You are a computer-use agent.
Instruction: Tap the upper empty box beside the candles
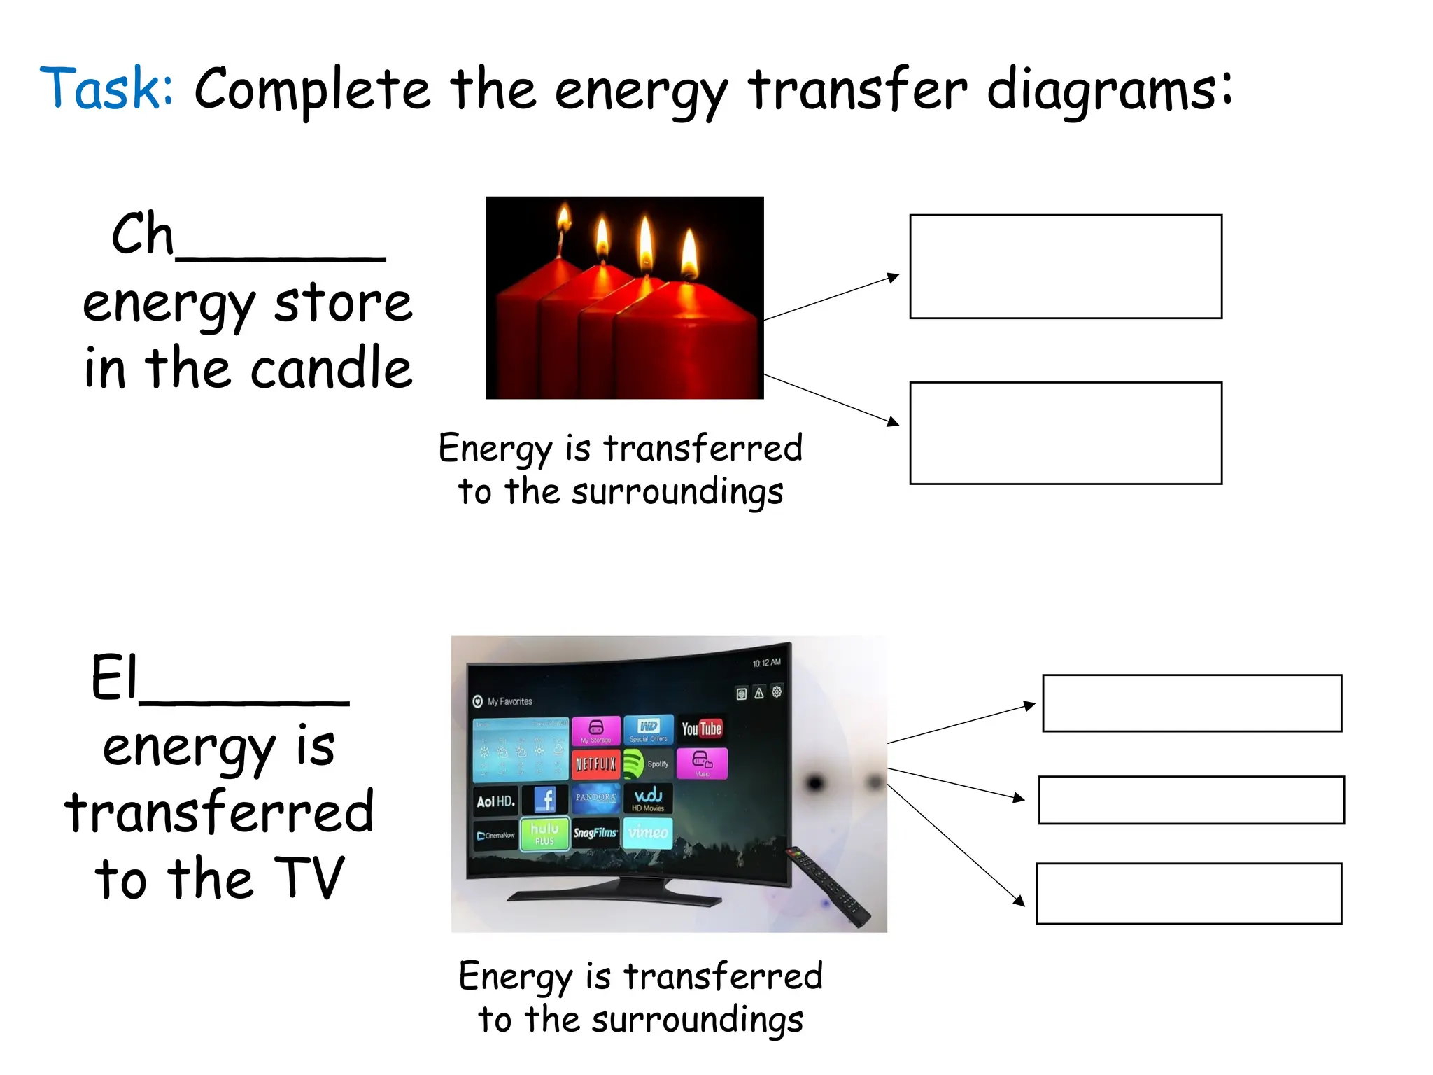click(x=1065, y=267)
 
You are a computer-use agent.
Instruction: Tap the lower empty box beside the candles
click(x=1065, y=433)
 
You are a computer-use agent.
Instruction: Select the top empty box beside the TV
click(x=1191, y=703)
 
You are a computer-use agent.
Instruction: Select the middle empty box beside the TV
click(x=1191, y=800)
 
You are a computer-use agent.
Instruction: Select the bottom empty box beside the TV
click(x=1188, y=894)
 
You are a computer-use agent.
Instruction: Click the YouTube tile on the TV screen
click(x=701, y=729)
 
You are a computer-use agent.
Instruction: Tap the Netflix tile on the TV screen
click(x=595, y=764)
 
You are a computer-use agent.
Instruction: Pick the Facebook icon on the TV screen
click(x=545, y=799)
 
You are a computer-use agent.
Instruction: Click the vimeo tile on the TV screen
click(x=648, y=833)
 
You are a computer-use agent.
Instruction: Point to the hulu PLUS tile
click(x=544, y=834)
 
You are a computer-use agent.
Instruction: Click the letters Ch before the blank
click(x=141, y=234)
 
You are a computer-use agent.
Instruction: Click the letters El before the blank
click(x=114, y=677)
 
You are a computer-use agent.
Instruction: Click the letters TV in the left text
click(x=309, y=878)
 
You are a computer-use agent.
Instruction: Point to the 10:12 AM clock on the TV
click(x=766, y=663)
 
